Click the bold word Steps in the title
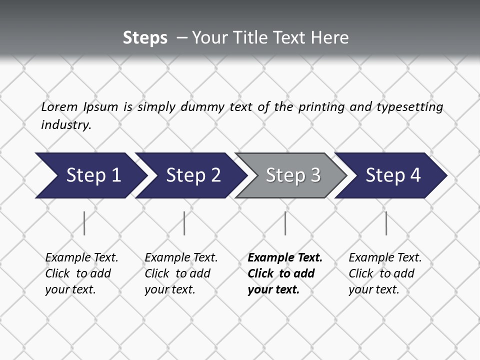pos(145,38)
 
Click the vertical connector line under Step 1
pos(84,223)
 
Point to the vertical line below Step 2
pos(184,223)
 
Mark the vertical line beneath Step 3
pos(285,223)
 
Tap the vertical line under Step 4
pos(386,223)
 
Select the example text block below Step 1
pos(81,273)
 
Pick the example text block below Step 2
pos(180,273)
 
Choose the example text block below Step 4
pos(384,273)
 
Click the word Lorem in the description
pos(59,106)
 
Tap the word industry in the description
pos(66,125)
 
